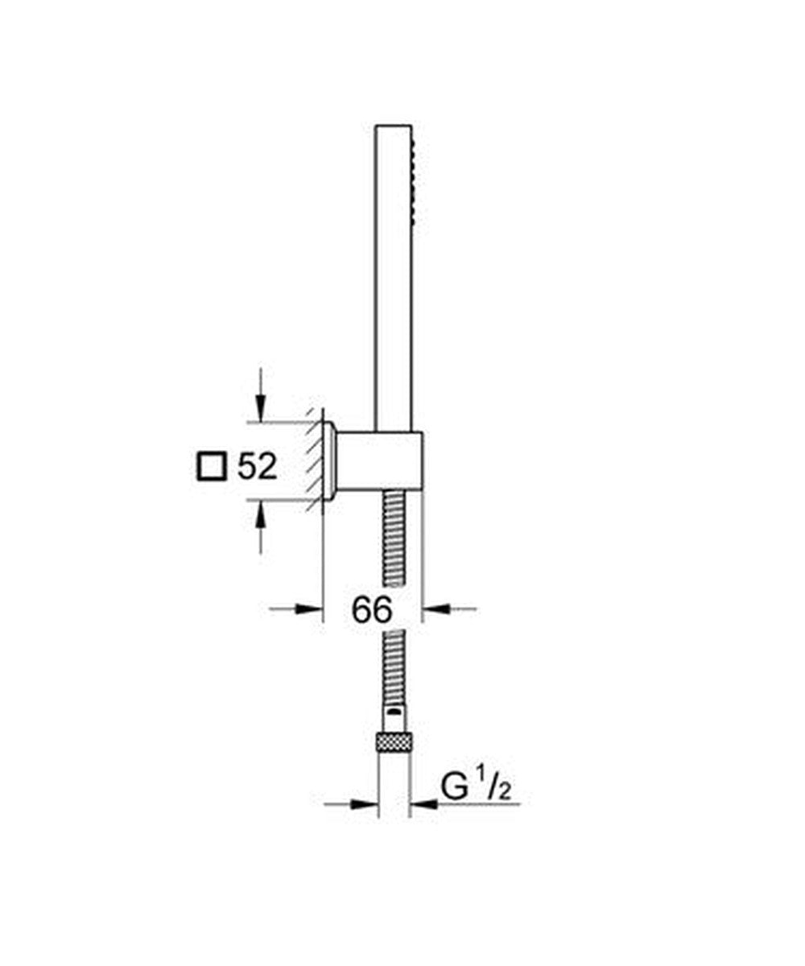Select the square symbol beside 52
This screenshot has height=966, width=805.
click(x=212, y=466)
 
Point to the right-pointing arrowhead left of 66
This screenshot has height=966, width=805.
click(x=308, y=609)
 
